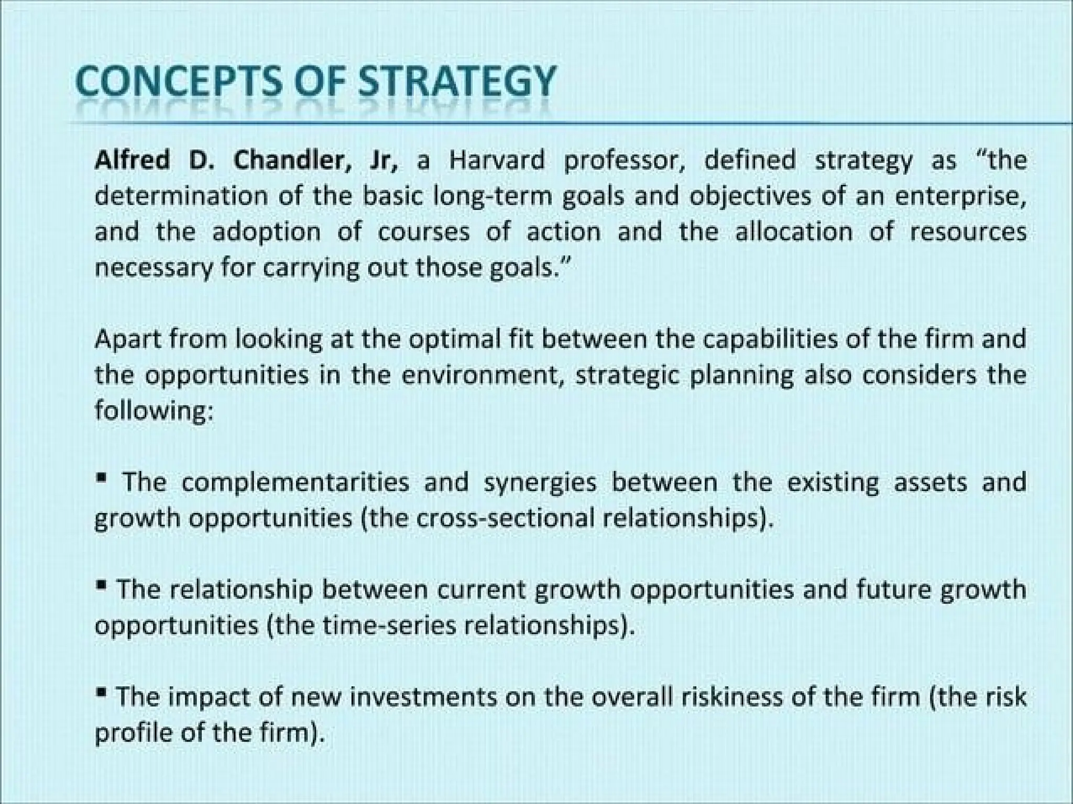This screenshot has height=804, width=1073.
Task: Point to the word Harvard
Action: [x=497, y=160]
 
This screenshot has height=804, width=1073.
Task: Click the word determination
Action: [x=181, y=196]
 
